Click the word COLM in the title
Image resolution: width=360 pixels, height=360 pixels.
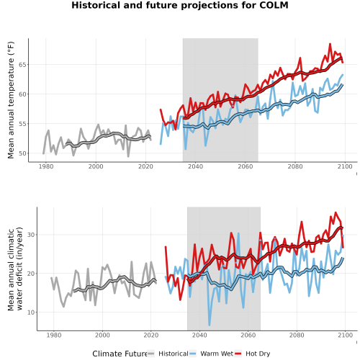coord(274,5)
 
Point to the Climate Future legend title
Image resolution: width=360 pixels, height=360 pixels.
coord(120,354)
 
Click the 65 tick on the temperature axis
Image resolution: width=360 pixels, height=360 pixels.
coord(22,65)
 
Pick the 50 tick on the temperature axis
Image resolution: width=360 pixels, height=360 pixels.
coord(22,153)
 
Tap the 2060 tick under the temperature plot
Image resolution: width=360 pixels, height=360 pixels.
coord(246,166)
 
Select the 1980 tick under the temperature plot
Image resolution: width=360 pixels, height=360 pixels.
coord(46,166)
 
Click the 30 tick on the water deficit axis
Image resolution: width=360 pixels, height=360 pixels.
coord(31,235)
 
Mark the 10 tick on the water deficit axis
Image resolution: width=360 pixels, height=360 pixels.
coord(31,312)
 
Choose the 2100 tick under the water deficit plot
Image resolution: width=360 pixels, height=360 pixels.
coord(345,336)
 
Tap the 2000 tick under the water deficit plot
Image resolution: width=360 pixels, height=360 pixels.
coord(102,336)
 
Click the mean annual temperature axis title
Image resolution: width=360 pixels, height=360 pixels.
coord(11,100)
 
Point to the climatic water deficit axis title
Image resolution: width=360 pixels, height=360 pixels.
coord(15,269)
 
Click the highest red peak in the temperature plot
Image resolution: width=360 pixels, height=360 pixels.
coord(330,44)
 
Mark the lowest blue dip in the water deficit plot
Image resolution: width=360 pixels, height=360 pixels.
coord(210,325)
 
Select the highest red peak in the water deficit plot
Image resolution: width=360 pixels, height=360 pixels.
coord(336,212)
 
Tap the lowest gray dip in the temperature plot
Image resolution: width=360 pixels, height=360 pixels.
coord(128,156)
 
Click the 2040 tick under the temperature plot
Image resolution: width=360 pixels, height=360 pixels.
coord(195,166)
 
